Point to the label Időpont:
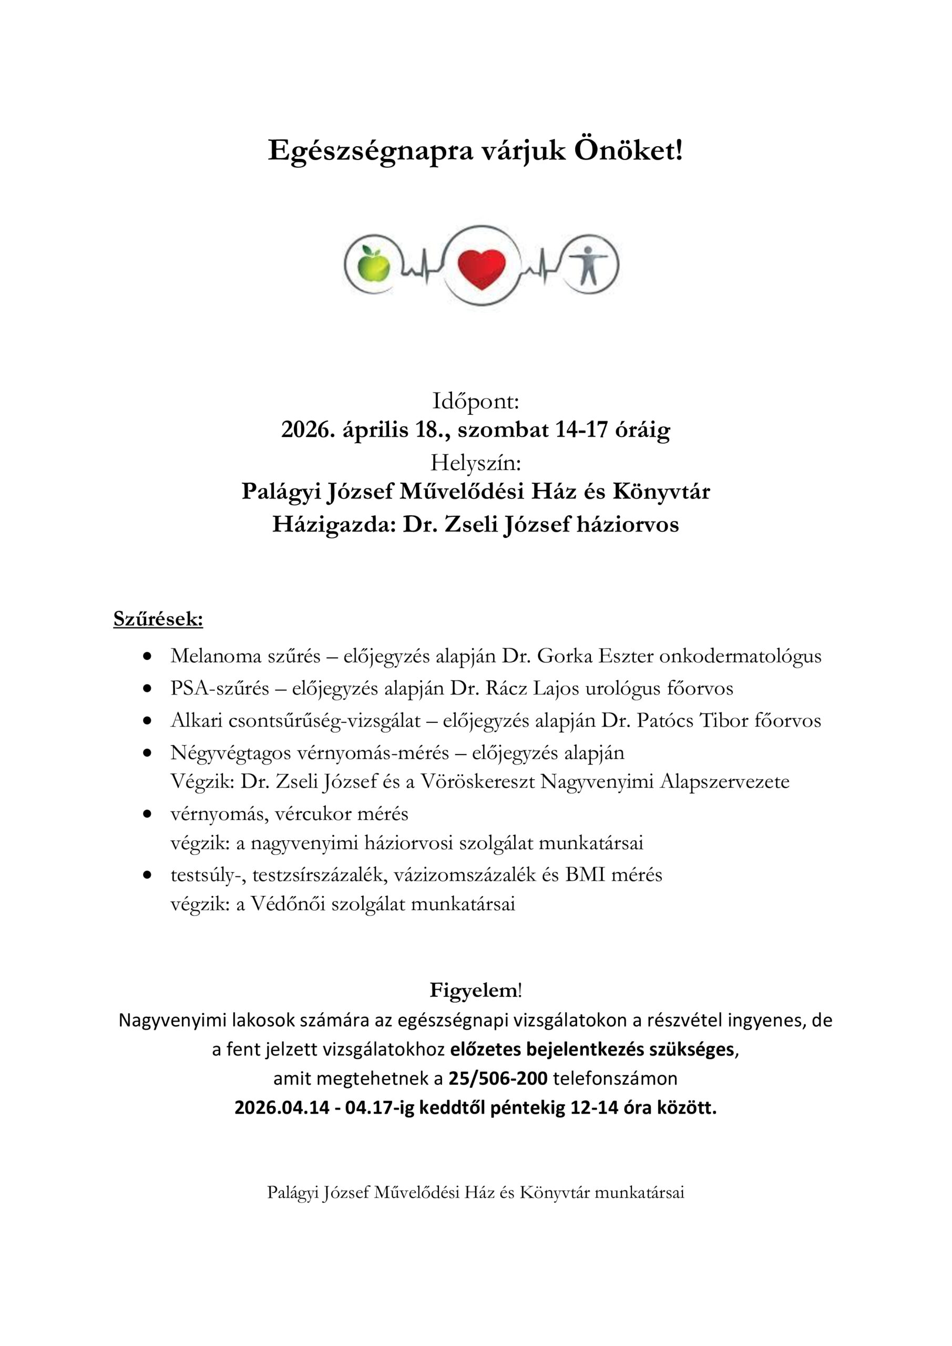475,402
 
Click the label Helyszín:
475,463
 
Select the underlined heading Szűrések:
158,619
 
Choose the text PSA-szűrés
220,688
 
